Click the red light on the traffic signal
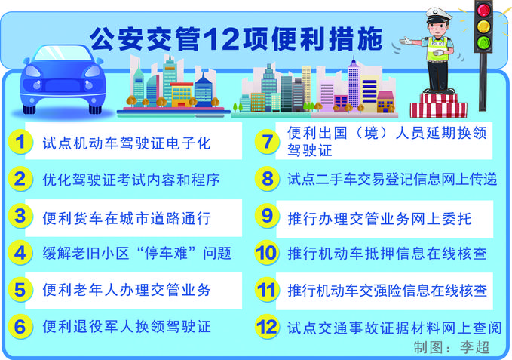(483, 10)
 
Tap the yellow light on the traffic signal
(483, 26)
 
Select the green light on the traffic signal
(483, 42)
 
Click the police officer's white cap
(439, 14)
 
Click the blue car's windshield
(63, 54)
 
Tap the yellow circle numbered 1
(20, 142)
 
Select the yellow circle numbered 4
(20, 253)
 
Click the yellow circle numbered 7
(267, 142)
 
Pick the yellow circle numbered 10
(267, 253)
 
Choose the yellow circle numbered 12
(267, 327)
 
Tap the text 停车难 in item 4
(166, 253)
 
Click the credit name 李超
(474, 348)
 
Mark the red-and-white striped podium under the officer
(438, 106)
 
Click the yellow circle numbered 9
(267, 216)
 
